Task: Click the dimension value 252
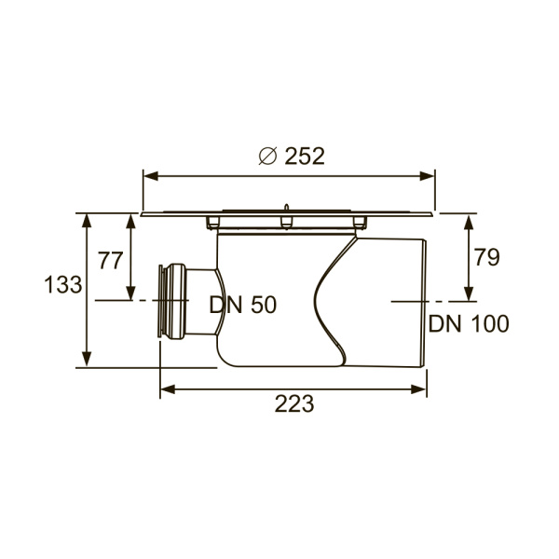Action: pos(305,157)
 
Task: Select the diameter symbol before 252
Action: pos(267,157)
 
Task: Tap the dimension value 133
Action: pos(63,285)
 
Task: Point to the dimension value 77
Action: pos(111,261)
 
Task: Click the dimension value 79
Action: pos(486,257)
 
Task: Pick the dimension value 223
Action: pos(294,404)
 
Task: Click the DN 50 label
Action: pos(243,306)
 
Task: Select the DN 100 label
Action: pos(469,324)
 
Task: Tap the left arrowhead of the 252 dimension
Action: pos(150,176)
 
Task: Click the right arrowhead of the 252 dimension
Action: pos(427,176)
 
